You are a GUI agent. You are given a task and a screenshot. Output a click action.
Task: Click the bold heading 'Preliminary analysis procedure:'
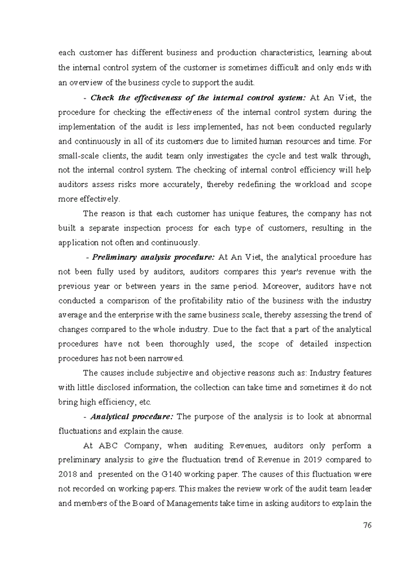tap(153, 257)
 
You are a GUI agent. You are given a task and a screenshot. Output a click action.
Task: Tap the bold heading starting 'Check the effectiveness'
tap(198, 97)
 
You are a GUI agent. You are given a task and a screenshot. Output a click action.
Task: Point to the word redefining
tap(255, 185)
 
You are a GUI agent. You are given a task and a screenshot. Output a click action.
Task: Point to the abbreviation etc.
tap(143, 402)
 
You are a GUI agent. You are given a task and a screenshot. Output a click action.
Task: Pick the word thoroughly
tap(176, 344)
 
